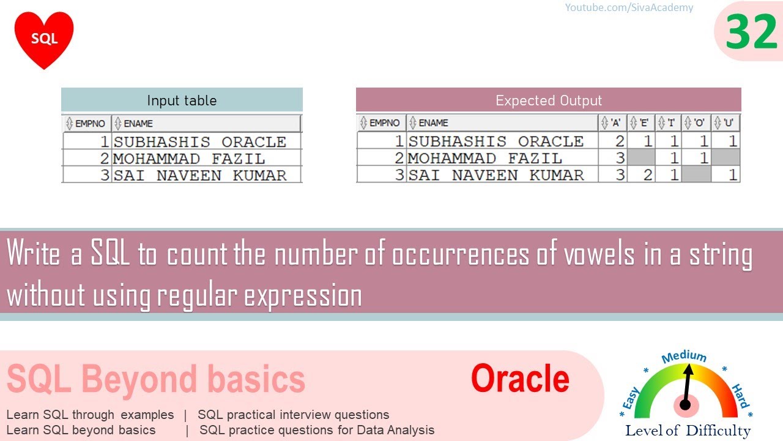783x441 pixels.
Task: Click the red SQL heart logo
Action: coord(44,39)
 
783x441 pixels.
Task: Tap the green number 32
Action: coord(751,32)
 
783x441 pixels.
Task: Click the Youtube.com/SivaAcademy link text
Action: coord(629,7)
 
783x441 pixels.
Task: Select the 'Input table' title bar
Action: coord(182,100)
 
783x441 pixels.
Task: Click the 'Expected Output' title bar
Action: coord(549,100)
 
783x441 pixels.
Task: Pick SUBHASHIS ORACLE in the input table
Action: coord(200,141)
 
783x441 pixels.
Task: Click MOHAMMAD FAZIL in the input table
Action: coord(189,159)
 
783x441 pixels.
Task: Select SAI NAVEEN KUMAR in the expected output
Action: coord(496,175)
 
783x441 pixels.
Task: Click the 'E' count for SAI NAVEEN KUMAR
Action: coord(647,175)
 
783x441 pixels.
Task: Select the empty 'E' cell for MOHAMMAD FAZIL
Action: coord(641,157)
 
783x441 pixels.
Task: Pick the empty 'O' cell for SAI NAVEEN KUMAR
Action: coord(696,175)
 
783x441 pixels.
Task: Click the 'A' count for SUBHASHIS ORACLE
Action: coord(620,141)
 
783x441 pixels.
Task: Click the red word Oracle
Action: coord(520,379)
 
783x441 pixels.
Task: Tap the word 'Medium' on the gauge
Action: coord(684,357)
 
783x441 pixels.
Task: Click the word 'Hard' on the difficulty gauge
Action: coord(741,396)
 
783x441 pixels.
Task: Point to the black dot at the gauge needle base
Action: coord(685,405)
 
